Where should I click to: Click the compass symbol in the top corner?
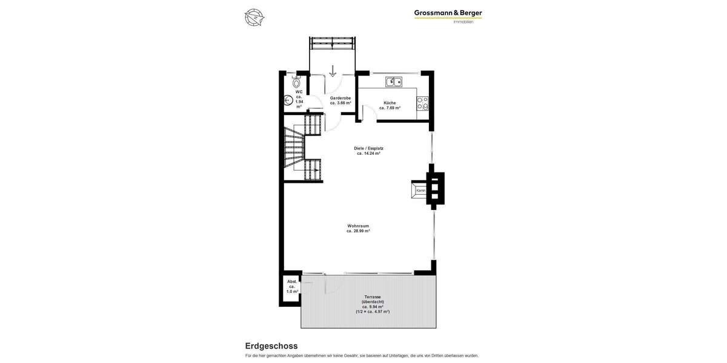[x=254, y=17]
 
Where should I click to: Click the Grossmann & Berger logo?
[x=448, y=13]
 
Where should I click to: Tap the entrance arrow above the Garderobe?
[x=333, y=71]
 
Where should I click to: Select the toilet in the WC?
[x=296, y=82]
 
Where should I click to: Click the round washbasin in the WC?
[x=288, y=101]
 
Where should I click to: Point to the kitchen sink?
[x=393, y=82]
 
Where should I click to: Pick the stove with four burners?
[x=423, y=103]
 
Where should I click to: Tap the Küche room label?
[x=390, y=102]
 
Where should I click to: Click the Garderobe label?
[x=340, y=97]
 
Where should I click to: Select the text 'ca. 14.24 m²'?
[x=368, y=154]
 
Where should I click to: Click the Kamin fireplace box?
[x=420, y=191]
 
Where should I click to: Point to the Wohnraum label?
[x=358, y=226]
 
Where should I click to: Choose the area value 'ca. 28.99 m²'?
[x=358, y=231]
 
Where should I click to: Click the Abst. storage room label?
[x=292, y=281]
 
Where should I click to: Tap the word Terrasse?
[x=373, y=297]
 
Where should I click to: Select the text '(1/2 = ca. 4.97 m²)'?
[x=373, y=312]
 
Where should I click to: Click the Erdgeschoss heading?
[x=271, y=346]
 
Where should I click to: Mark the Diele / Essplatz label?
[x=368, y=148]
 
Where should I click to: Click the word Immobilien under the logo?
[x=463, y=22]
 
